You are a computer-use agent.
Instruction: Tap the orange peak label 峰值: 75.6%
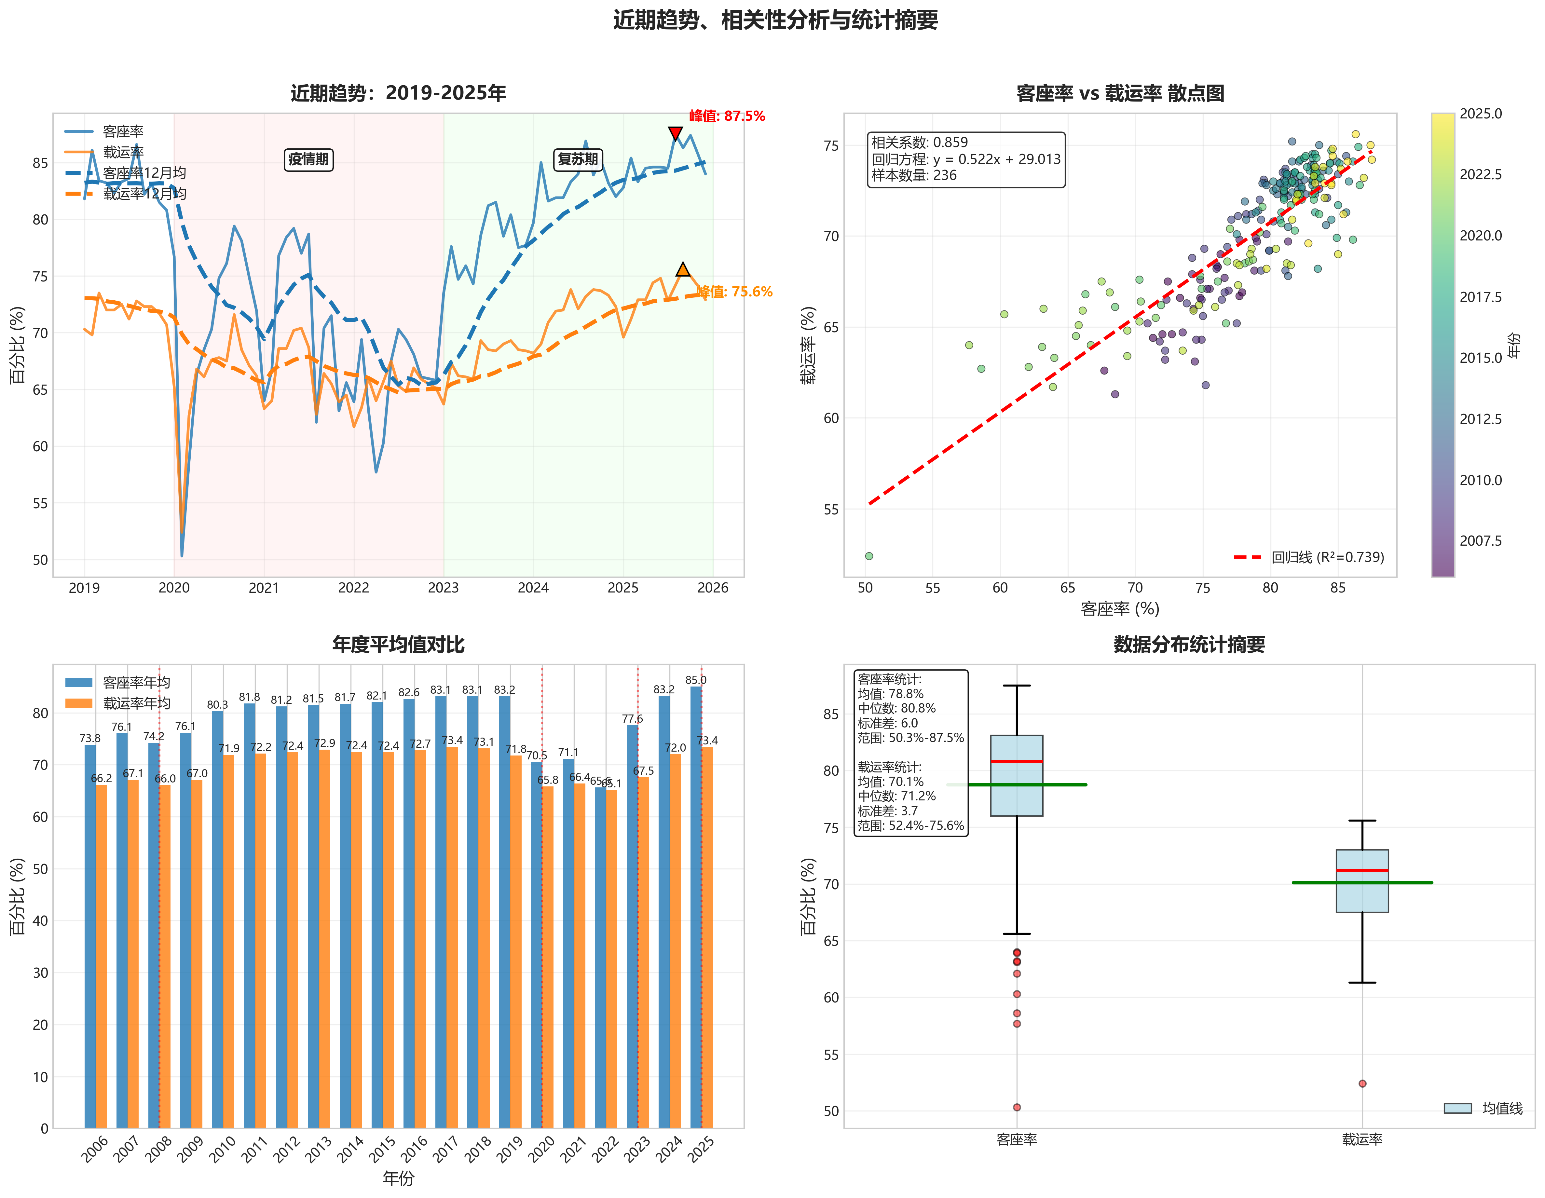click(735, 292)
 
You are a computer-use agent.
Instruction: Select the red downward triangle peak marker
click(675, 134)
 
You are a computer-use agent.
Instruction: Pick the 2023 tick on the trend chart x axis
click(444, 588)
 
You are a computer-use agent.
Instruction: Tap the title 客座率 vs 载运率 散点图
click(1120, 93)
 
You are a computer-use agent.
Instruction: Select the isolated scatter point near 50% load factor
click(869, 556)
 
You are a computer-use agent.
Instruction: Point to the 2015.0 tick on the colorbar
click(1480, 358)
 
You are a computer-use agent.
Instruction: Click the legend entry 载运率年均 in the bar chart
click(137, 703)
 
